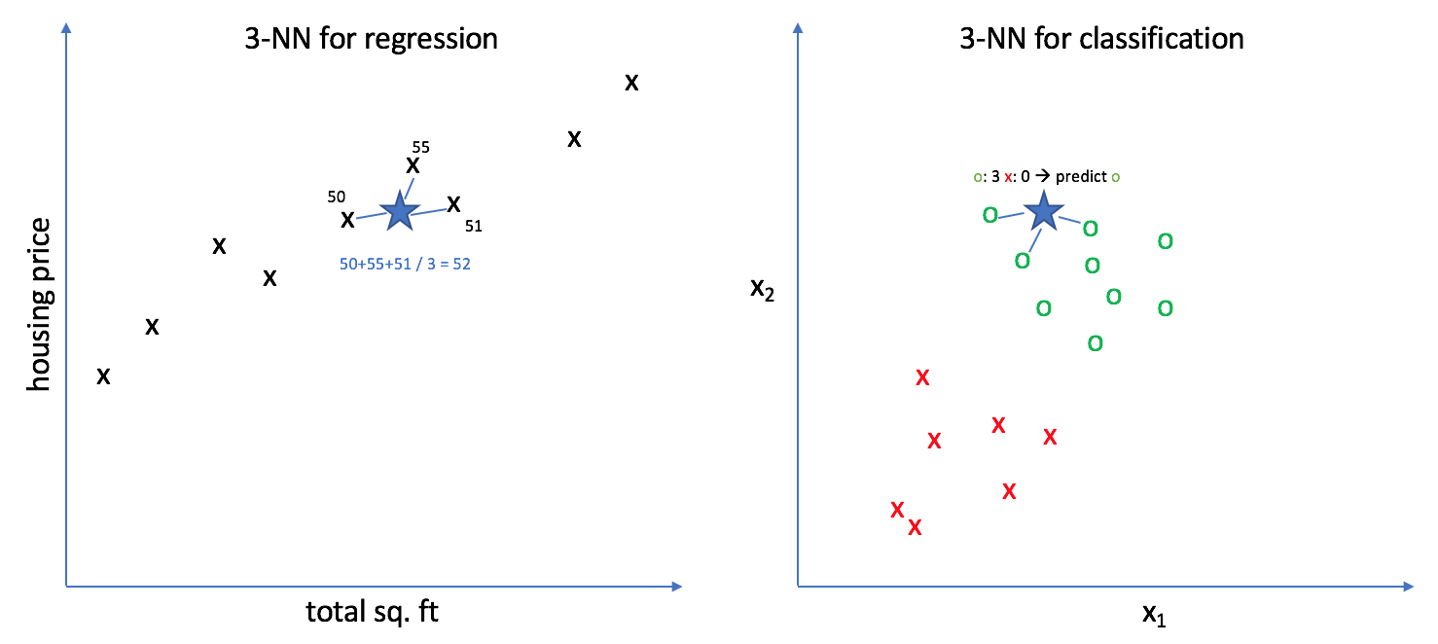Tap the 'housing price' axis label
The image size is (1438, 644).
click(40, 304)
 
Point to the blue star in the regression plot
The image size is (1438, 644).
click(399, 211)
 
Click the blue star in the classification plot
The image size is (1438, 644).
click(1043, 210)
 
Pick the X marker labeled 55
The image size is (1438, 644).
click(413, 165)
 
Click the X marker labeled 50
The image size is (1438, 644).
click(347, 219)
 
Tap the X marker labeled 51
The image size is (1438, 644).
click(453, 203)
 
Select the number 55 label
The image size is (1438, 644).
click(420, 147)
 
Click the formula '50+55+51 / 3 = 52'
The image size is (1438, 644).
click(405, 264)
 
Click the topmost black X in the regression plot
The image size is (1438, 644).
click(631, 83)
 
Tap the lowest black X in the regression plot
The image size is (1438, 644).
click(103, 376)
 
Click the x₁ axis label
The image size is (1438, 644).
click(1153, 614)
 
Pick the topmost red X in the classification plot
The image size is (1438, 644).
click(923, 377)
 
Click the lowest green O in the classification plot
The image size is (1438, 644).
click(1095, 343)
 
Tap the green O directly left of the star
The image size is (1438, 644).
click(990, 215)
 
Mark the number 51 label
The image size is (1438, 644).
click(473, 227)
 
